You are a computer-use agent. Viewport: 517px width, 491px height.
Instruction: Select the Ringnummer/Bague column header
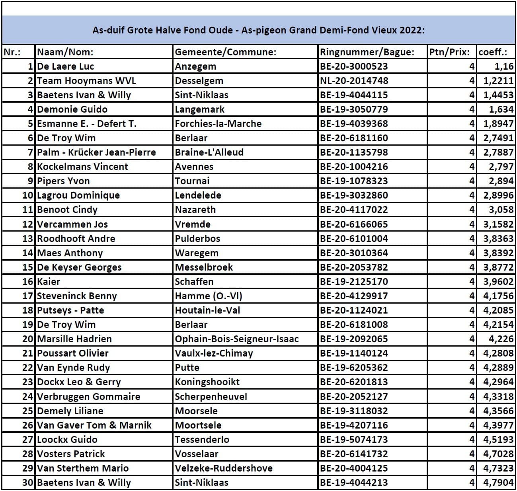coord(367,52)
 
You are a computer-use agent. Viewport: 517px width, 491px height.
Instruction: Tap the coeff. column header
coord(493,52)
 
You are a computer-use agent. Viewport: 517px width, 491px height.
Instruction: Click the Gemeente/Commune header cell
coord(226,52)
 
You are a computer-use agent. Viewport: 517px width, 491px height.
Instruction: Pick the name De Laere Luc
coord(65,66)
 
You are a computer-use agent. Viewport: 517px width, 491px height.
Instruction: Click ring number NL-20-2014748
coord(354,80)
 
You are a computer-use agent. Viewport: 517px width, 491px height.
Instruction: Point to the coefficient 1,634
coord(501,109)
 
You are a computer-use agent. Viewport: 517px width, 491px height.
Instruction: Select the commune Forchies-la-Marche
coord(218,123)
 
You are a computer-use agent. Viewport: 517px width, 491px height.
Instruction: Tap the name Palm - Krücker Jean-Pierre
coord(96,152)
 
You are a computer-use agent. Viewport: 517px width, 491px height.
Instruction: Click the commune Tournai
coord(192,181)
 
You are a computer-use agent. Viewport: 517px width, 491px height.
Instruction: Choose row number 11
coord(27,209)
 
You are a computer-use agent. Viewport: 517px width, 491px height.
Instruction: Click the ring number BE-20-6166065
coord(354,224)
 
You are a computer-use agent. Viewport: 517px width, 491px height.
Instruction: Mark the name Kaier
coord(49,281)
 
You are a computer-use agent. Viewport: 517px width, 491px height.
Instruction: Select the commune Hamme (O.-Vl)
coord(209,296)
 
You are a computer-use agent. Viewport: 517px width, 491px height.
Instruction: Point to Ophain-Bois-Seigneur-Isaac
coord(236,339)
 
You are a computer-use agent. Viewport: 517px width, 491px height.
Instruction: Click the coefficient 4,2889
coord(498,367)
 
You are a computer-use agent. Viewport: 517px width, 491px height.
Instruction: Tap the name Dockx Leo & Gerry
coord(79,382)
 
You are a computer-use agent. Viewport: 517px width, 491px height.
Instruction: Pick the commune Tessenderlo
coord(202,439)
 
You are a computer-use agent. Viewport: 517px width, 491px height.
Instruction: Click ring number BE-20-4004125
coord(354,468)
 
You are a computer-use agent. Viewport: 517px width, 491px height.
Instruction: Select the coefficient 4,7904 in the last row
coord(498,482)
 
